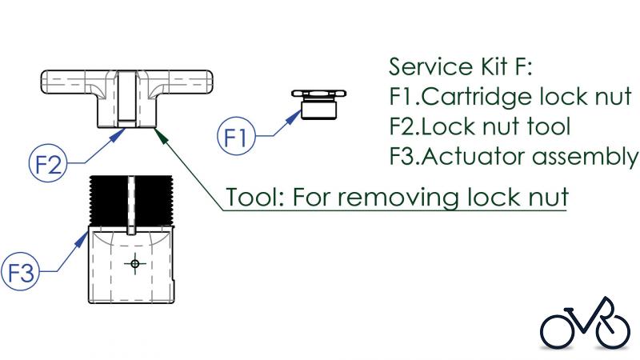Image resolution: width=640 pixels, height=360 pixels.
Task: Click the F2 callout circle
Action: [47, 164]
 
